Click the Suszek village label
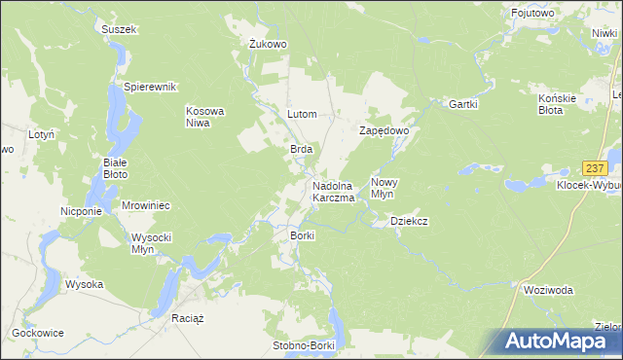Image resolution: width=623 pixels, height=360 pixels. pos(120,29)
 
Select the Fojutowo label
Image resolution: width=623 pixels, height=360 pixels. pos(533,13)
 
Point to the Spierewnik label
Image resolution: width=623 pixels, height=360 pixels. pos(148,87)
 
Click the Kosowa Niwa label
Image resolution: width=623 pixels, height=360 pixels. pos(205,117)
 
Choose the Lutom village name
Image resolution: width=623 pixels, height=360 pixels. pos(302,114)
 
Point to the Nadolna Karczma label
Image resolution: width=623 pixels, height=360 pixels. pos(333,192)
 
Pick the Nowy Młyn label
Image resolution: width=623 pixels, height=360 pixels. pos(385,187)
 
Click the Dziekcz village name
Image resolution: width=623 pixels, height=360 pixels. pos(410,221)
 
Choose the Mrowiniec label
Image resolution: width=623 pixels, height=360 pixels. pos(146,205)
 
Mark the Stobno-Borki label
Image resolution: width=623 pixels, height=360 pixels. pos(302,345)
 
